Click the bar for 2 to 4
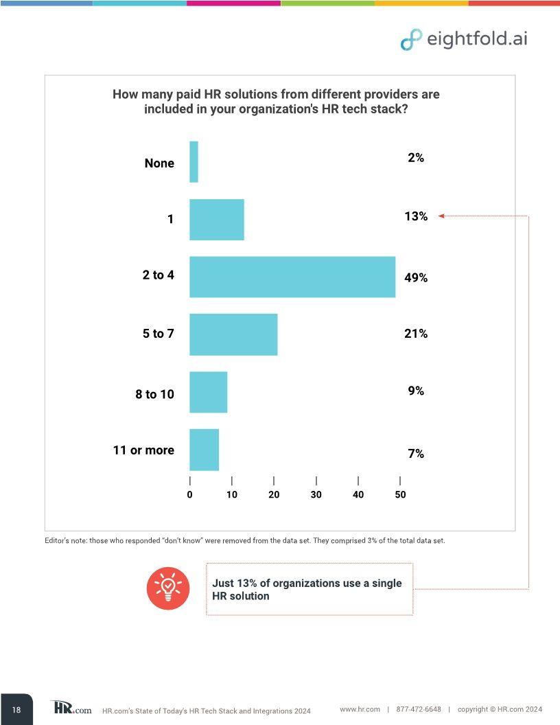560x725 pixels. pyautogui.click(x=292, y=277)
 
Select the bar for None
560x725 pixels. pyautogui.click(x=194, y=162)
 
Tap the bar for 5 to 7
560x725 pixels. pyautogui.click(x=233, y=334)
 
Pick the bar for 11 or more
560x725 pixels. pyautogui.click(x=204, y=450)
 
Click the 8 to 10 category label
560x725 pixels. pyautogui.click(x=154, y=394)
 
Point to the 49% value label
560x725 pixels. pyautogui.click(x=416, y=278)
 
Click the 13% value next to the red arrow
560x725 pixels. pyautogui.click(x=416, y=216)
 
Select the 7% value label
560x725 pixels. pyautogui.click(x=416, y=454)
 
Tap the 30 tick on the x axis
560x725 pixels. pyautogui.click(x=316, y=494)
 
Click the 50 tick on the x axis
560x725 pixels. pyautogui.click(x=400, y=494)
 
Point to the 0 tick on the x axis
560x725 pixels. pyautogui.click(x=189, y=494)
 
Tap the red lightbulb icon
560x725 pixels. pyautogui.click(x=167, y=588)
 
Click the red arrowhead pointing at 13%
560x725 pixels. pyautogui.click(x=442, y=216)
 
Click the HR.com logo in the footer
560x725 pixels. pyautogui.click(x=71, y=709)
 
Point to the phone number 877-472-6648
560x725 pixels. pyautogui.click(x=419, y=709)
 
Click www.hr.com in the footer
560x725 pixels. pyautogui.click(x=360, y=709)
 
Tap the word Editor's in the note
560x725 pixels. pyautogui.click(x=58, y=540)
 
